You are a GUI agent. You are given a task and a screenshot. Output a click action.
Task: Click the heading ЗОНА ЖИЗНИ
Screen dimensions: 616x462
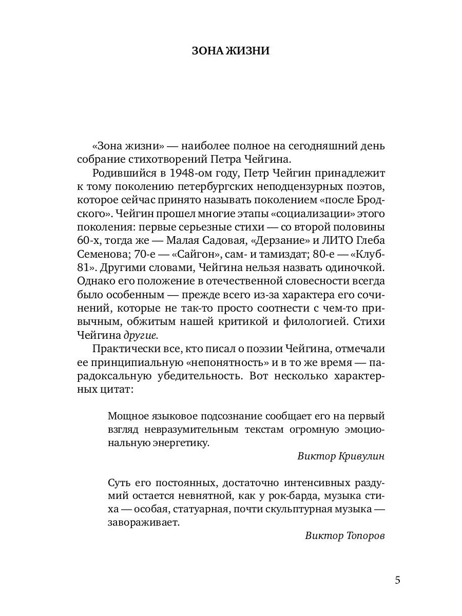pyautogui.click(x=230, y=51)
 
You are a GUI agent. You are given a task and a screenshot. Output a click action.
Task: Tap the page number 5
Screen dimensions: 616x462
pyautogui.click(x=398, y=580)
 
